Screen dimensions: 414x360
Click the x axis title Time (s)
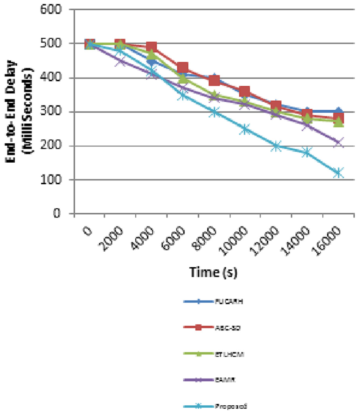click(214, 272)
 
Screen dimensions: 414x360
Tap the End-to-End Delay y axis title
click(18, 111)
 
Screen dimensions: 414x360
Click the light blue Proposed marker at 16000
click(338, 173)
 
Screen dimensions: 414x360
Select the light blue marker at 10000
click(245, 129)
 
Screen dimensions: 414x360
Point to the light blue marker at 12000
click(276, 146)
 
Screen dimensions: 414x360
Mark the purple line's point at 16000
click(338, 142)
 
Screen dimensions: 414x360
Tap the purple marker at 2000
click(120, 61)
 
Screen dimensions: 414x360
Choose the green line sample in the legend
click(199, 354)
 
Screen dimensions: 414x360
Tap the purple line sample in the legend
click(199, 380)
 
